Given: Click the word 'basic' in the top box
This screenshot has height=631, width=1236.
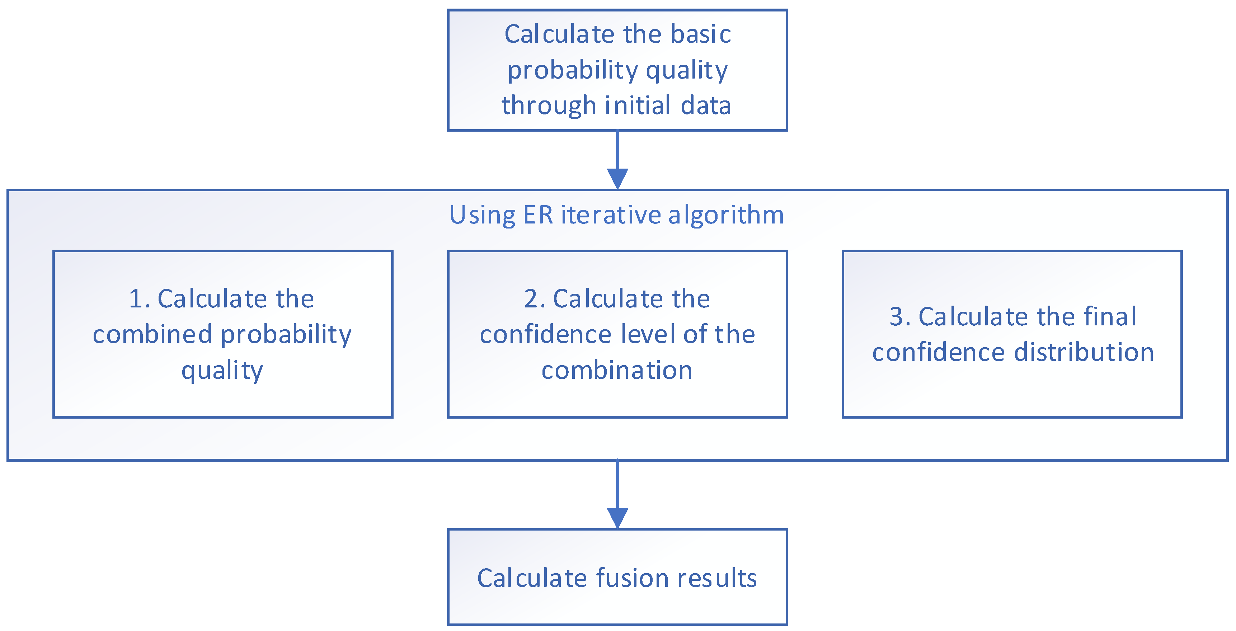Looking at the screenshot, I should tap(701, 34).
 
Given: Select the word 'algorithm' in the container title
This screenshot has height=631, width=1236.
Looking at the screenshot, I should tap(726, 216).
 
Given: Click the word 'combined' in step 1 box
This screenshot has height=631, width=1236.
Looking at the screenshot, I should tap(152, 334).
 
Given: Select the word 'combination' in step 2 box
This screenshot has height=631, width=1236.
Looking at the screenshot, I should tap(617, 371).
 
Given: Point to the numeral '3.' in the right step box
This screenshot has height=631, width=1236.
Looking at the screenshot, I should tap(900, 317).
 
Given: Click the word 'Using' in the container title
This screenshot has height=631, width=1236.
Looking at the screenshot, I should tap(482, 216).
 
